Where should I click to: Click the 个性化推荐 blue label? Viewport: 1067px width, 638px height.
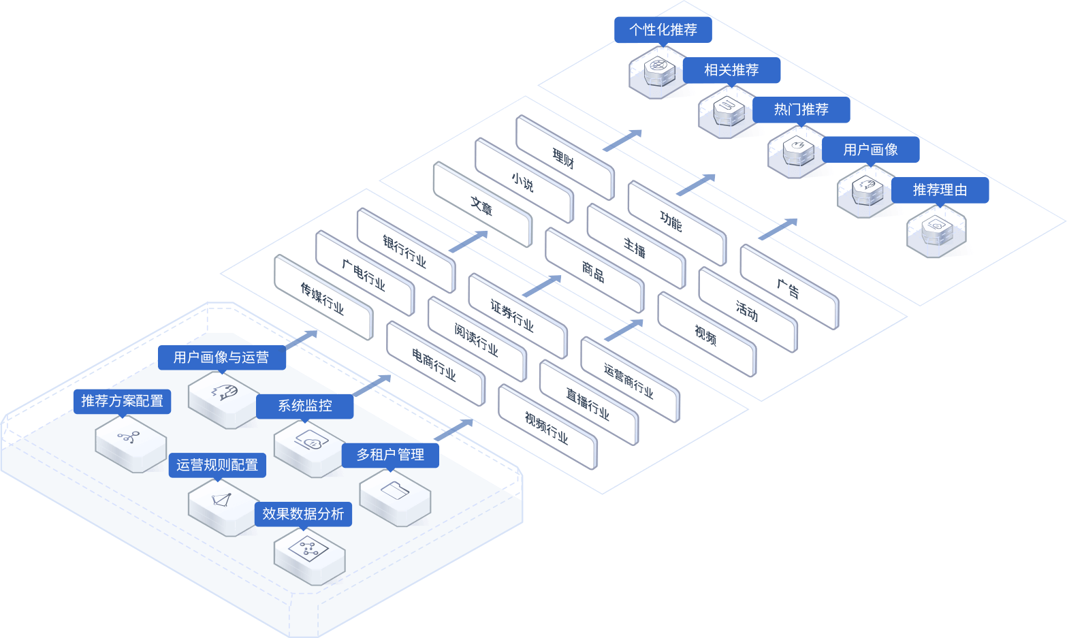663,30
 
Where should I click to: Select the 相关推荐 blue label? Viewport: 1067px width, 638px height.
731,70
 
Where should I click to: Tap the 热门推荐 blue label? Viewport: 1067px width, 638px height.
801,110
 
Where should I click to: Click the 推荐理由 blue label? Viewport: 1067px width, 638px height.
940,190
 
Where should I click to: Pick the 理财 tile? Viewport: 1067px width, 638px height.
564,159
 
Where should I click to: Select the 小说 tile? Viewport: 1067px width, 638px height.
523,182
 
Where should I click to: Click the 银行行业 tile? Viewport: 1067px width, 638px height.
404,251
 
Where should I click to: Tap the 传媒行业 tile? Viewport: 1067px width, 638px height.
322,298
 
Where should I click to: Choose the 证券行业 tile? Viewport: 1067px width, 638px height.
512,315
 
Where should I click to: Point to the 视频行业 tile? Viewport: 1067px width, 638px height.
546,428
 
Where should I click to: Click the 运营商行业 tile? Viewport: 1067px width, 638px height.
628,380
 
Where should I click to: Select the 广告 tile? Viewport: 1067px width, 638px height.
788,289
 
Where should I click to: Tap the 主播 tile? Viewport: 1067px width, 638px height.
635,246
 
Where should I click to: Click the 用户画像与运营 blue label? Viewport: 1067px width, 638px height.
221,357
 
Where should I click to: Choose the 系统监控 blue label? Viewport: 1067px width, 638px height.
304,406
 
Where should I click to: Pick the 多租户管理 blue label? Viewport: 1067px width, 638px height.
390,454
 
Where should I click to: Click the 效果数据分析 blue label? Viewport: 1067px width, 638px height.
303,513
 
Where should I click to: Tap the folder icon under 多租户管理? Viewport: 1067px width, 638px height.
395,490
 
